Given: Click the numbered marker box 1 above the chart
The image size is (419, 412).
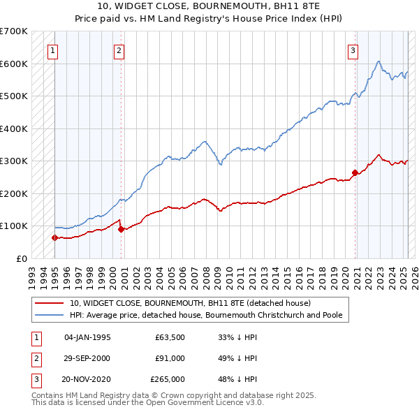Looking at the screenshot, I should tap(53, 50).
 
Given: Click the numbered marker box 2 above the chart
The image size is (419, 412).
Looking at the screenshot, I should tap(119, 50).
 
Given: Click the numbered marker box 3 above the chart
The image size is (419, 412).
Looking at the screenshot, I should tap(353, 50).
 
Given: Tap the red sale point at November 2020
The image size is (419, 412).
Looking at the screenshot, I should tap(355, 172).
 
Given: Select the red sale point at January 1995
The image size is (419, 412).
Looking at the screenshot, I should tap(54, 237).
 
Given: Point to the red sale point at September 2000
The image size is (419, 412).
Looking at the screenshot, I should tap(121, 228).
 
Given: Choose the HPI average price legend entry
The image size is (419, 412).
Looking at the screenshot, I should tap(205, 315).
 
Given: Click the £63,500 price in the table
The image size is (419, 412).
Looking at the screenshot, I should tap(170, 337).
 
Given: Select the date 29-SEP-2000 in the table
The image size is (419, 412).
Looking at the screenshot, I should tap(87, 358).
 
